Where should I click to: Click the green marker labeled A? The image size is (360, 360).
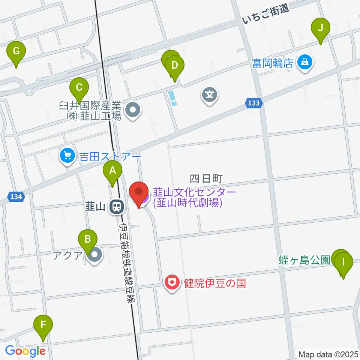pyautogui.click(x=112, y=172)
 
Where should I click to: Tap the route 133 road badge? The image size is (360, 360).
pyautogui.click(x=254, y=103)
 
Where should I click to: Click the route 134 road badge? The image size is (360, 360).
pyautogui.click(x=15, y=196)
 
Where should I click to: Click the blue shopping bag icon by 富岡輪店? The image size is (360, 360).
pyautogui.click(x=305, y=62)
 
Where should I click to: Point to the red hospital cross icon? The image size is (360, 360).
pyautogui.click(x=173, y=282)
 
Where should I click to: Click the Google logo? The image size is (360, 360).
pyautogui.click(x=25, y=351)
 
